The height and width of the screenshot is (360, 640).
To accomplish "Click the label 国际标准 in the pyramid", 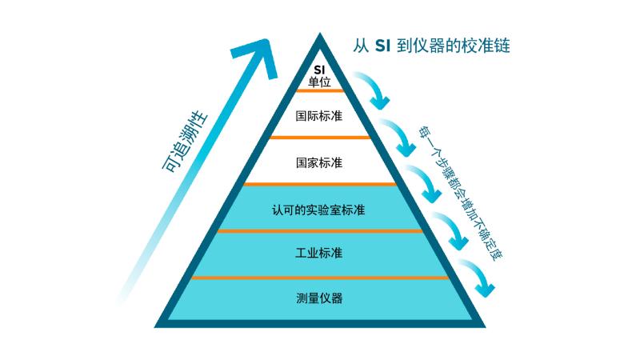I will pyautogui.click(x=319, y=116).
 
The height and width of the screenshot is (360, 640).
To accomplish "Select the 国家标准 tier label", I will pyautogui.click(x=319, y=162).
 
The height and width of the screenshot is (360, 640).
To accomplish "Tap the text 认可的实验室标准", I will pyautogui.click(x=319, y=210).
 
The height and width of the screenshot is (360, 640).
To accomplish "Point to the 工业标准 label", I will pyautogui.click(x=319, y=254).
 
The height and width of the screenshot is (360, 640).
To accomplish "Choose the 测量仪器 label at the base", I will pyautogui.click(x=319, y=298).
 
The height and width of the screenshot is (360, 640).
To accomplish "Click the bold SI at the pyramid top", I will pyautogui.click(x=319, y=69).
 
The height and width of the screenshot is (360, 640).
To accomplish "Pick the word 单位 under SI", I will pyautogui.click(x=319, y=81).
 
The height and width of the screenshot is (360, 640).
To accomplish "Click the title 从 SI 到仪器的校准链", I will pyautogui.click(x=432, y=46).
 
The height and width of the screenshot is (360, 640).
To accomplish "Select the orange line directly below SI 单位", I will pyautogui.click(x=319, y=91).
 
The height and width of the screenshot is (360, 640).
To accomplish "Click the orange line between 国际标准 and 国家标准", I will pyautogui.click(x=319, y=138).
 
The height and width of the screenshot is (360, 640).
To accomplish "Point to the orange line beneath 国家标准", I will pyautogui.click(x=319, y=184).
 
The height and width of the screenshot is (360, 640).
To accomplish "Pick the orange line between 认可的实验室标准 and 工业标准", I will pyautogui.click(x=319, y=231).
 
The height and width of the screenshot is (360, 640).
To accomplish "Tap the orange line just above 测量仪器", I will pyautogui.click(x=319, y=278).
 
